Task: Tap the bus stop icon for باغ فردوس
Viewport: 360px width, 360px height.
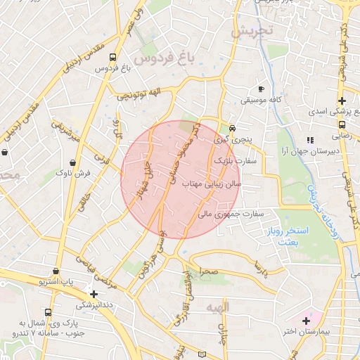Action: click(x=124, y=59)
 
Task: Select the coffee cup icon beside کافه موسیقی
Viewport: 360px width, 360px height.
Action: click(x=261, y=89)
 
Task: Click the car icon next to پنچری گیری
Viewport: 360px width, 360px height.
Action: click(x=232, y=129)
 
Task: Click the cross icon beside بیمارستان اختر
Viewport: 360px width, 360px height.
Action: click(x=306, y=321)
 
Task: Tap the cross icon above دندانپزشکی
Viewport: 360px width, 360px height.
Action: click(x=94, y=294)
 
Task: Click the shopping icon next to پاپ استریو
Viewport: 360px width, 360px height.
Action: click(x=56, y=271)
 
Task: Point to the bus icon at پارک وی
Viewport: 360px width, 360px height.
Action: click(x=48, y=312)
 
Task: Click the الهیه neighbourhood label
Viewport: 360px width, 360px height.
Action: click(x=219, y=307)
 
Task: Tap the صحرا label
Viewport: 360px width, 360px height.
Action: click(x=209, y=270)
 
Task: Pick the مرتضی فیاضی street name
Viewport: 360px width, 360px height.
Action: click(x=99, y=268)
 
